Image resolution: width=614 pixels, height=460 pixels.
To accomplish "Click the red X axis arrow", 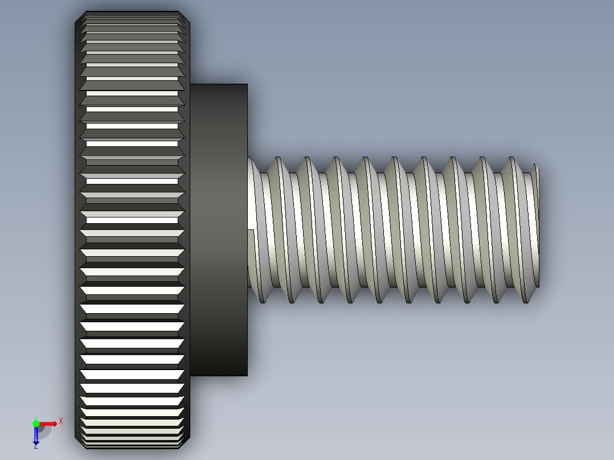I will click(48, 423).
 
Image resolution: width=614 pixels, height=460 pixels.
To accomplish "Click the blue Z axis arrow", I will click(36, 435).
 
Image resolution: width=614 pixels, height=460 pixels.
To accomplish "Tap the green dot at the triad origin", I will click(36, 423).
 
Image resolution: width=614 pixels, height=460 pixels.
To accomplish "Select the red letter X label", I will click(61, 421).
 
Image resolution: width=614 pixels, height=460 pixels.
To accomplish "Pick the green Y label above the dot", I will click(35, 418).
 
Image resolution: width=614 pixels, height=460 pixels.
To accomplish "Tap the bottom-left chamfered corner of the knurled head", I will click(79, 443).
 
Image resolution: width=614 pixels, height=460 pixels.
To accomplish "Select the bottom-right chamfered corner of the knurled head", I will click(186, 443).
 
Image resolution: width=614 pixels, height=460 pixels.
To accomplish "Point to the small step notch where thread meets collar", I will click(251, 229).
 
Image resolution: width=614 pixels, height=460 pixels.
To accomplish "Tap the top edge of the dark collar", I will click(219, 84).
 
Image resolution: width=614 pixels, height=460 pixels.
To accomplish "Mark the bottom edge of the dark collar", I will click(219, 376).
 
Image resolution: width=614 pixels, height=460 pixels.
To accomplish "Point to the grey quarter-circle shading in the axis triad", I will click(44, 432).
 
